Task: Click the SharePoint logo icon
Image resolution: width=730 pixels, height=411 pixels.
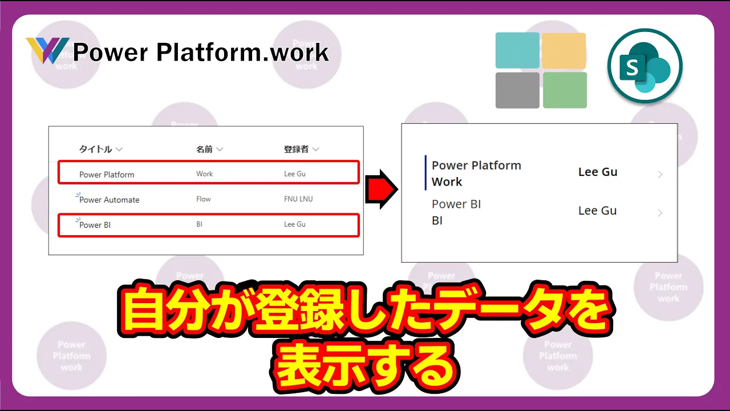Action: (x=645, y=66)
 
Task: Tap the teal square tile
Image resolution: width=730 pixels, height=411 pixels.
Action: (x=517, y=50)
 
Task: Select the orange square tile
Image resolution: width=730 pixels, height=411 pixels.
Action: (x=564, y=50)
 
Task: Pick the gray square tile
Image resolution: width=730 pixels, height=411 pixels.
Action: (x=517, y=90)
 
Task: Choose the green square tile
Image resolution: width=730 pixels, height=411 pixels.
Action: (x=565, y=90)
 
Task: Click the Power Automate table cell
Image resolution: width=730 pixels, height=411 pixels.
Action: (x=109, y=200)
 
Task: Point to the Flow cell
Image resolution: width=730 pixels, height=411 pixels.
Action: (x=204, y=199)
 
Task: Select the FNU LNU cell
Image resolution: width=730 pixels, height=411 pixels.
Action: (x=298, y=199)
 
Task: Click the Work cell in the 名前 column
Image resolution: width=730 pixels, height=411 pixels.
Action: (x=204, y=174)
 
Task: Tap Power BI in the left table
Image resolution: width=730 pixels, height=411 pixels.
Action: (x=95, y=225)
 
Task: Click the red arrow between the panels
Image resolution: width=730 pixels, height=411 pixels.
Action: (x=382, y=189)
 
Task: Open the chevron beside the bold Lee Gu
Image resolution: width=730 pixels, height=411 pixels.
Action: (x=660, y=175)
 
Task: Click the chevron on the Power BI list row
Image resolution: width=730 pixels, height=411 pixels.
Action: (x=660, y=213)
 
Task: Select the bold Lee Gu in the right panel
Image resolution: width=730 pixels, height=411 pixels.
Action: (x=598, y=172)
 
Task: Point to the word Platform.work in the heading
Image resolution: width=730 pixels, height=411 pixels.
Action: (x=242, y=52)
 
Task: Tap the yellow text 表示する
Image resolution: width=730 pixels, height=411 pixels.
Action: (x=365, y=366)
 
